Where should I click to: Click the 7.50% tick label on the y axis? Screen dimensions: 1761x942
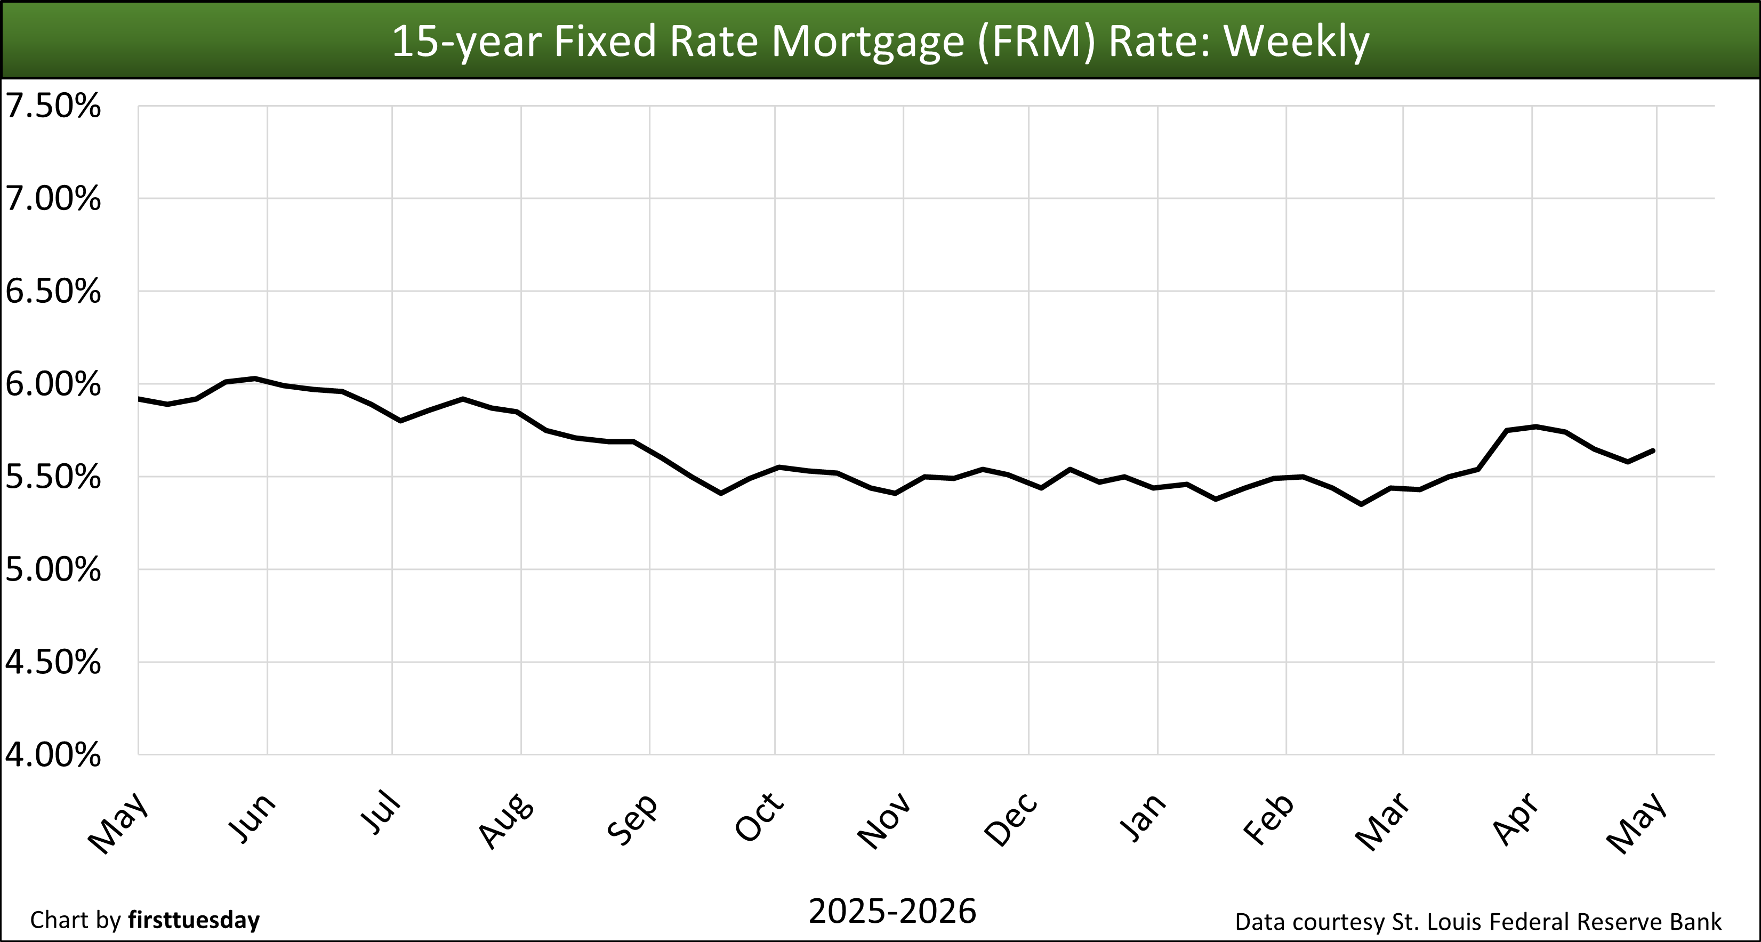click(x=53, y=107)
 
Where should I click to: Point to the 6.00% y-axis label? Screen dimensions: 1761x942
click(x=53, y=385)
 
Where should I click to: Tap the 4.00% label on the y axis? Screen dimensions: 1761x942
click(x=53, y=755)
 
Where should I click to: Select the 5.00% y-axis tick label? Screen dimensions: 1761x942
click(x=53, y=570)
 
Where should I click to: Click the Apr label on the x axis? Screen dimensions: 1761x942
click(x=1516, y=819)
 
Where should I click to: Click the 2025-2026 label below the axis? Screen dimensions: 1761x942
click(x=892, y=911)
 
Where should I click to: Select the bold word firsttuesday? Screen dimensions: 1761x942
click(x=194, y=920)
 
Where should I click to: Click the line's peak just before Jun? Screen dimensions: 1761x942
click(x=254, y=378)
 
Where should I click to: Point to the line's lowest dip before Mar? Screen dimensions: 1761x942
click(x=1361, y=504)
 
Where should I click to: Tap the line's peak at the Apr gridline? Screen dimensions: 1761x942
click(x=1535, y=426)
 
